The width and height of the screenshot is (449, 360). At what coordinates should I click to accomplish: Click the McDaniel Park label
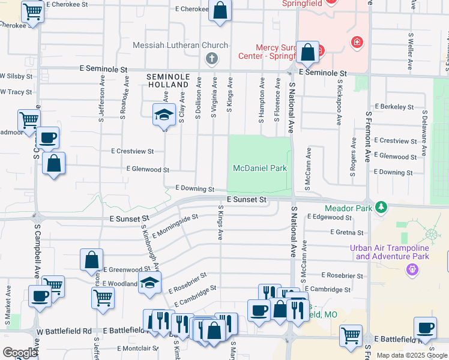tap(261, 169)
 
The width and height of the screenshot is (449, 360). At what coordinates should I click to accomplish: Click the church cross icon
tap(211, 59)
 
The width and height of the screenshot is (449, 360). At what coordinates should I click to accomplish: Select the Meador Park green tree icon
tap(380, 208)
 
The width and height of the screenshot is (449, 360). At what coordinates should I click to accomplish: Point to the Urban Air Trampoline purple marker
tap(412, 269)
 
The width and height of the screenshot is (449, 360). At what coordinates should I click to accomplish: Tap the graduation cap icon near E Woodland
tap(149, 282)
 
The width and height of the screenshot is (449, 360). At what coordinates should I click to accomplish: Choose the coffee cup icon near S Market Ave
tap(40, 296)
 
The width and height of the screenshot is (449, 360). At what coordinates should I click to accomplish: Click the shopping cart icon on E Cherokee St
tap(32, 10)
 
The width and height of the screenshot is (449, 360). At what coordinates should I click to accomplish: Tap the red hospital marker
tap(357, 43)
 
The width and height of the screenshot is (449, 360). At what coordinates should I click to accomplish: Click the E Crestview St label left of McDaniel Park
tap(133, 151)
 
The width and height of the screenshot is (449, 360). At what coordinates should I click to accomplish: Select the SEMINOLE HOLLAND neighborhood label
tap(168, 82)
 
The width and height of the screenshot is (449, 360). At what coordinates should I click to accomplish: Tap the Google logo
tap(20, 352)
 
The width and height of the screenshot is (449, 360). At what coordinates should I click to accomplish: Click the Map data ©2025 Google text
tap(411, 355)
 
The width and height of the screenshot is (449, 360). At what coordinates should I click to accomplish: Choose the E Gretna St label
tap(346, 232)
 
